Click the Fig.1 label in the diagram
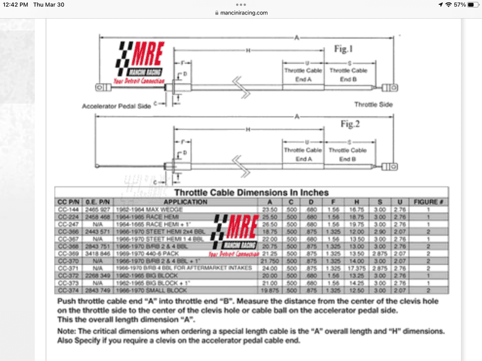coord(346,49)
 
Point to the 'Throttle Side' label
coord(373,105)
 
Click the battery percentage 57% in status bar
coord(460,4)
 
